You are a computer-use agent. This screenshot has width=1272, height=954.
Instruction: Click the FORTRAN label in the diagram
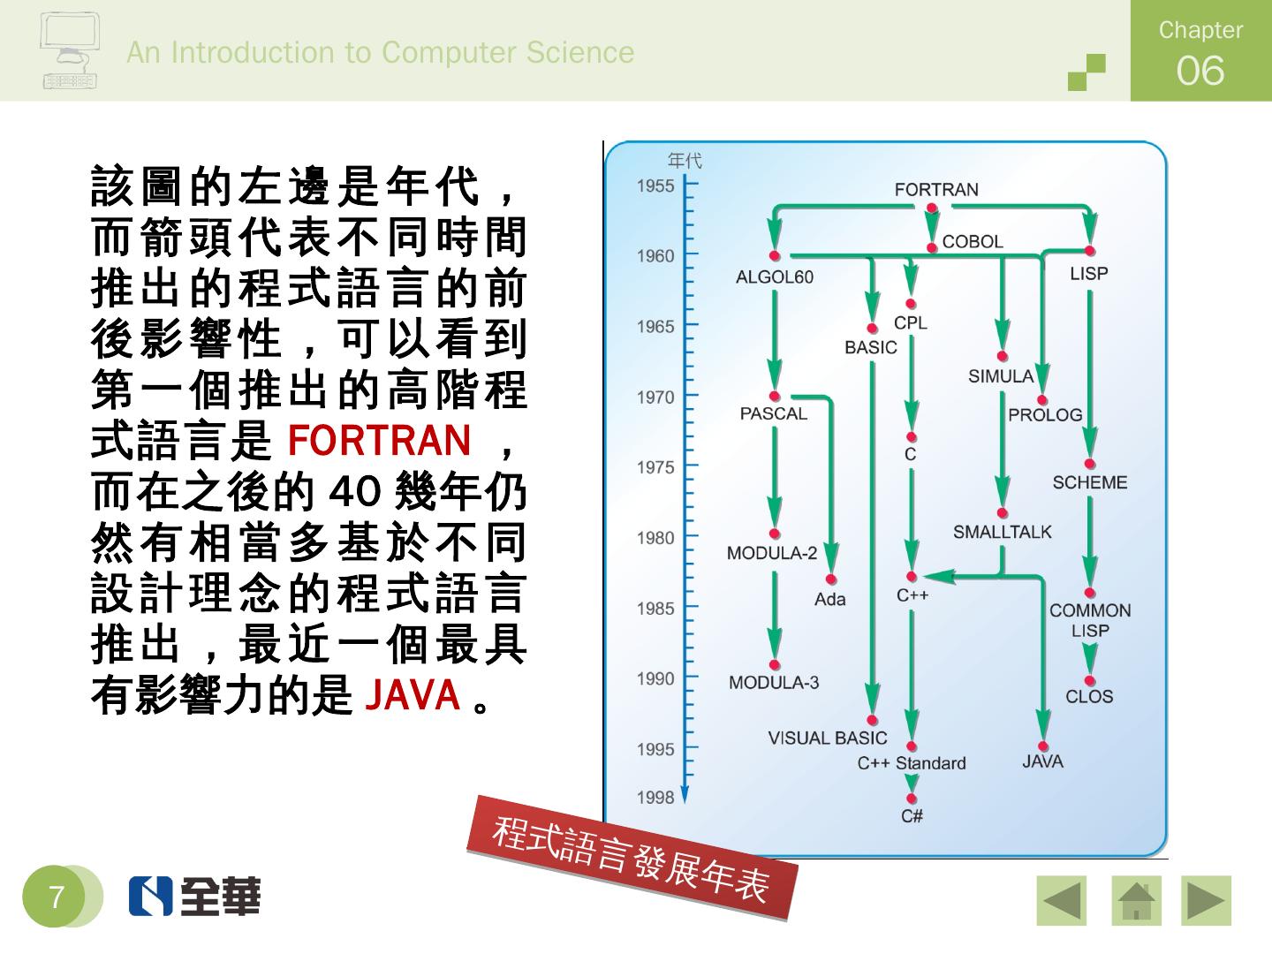click(935, 190)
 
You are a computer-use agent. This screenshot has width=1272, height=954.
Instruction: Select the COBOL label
click(972, 241)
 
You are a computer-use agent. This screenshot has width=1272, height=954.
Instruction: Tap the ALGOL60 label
click(774, 277)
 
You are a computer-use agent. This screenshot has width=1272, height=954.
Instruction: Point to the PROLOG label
click(1045, 415)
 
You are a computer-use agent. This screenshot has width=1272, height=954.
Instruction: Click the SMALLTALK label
click(1002, 532)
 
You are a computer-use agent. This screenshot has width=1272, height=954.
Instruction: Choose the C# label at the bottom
click(912, 816)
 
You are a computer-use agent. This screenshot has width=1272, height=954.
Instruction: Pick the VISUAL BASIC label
click(827, 738)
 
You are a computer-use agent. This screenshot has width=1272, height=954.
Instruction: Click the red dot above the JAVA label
click(1043, 746)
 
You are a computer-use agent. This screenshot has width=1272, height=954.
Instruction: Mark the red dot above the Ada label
click(830, 580)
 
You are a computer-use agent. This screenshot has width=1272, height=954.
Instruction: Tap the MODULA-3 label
click(773, 683)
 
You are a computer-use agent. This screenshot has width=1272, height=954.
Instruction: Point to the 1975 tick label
click(655, 467)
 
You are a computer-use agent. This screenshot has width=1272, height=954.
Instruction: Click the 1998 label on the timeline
click(655, 798)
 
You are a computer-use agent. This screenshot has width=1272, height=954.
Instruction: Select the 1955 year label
click(655, 186)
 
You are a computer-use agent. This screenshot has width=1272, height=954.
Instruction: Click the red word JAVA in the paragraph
click(413, 695)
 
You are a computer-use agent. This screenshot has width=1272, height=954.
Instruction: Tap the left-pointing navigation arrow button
click(1061, 900)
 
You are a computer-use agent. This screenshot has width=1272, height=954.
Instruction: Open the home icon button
click(1135, 900)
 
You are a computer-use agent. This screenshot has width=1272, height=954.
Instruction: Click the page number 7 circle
click(57, 897)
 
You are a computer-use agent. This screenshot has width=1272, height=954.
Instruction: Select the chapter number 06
click(1200, 71)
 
